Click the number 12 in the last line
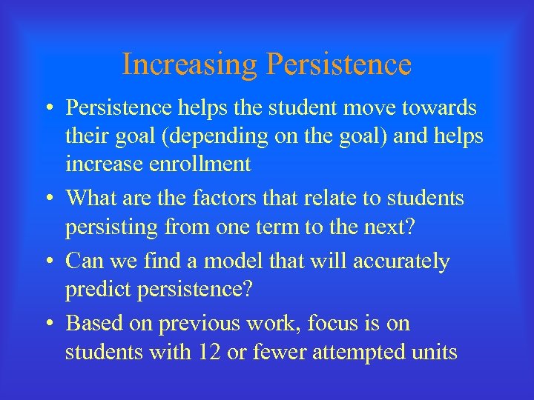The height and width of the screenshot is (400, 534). pos(208,352)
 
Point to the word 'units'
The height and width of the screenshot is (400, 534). pos(434,352)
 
